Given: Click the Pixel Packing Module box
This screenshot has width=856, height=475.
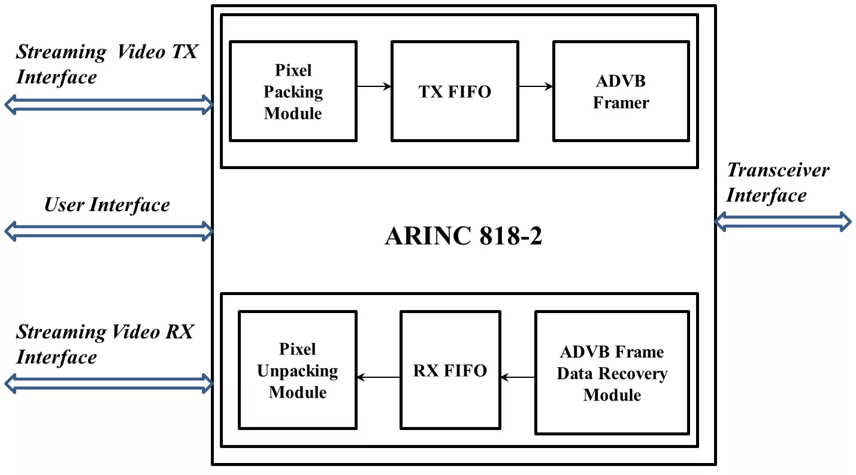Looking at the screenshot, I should (x=293, y=91).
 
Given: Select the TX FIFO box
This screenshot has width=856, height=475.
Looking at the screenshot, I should (x=455, y=91).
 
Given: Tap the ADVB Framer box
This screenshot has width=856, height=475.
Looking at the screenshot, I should (x=621, y=91).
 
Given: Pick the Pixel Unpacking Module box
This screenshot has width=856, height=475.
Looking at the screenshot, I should (x=297, y=370).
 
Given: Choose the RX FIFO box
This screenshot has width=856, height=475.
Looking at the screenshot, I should (x=450, y=370).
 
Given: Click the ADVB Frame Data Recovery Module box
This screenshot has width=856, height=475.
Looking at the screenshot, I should (x=612, y=372).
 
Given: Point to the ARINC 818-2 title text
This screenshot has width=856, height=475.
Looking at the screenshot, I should (x=463, y=236).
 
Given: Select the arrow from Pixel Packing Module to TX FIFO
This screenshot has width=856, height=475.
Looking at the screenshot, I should (x=374, y=87).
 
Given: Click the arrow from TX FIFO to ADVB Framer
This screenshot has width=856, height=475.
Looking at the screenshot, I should (x=536, y=87).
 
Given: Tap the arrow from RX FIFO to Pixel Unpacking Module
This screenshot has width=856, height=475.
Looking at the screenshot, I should (x=379, y=377).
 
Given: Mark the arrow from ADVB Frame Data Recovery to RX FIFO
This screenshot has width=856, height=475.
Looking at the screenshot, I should (x=518, y=377).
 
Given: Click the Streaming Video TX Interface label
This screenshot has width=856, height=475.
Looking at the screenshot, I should (x=107, y=64).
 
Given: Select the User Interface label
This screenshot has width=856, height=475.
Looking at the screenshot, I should (x=107, y=205).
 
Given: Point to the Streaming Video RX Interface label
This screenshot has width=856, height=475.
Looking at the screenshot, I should (x=105, y=344).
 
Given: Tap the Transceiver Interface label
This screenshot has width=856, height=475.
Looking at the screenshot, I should (x=778, y=182).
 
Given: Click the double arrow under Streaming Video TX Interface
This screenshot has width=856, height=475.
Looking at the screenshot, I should (x=108, y=105).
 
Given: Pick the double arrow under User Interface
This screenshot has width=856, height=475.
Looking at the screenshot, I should (x=108, y=230).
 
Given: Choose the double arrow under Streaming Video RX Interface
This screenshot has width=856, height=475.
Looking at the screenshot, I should (x=108, y=383).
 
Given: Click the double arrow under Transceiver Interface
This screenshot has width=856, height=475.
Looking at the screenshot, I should (x=783, y=221).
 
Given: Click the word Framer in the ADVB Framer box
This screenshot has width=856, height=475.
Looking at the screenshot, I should (x=621, y=103).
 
